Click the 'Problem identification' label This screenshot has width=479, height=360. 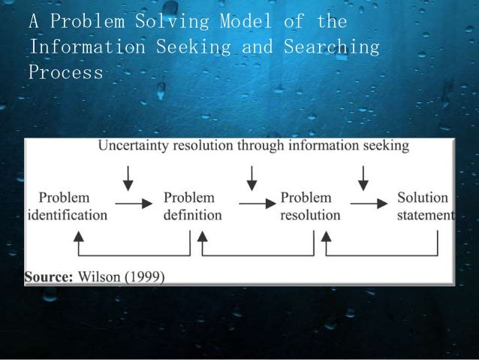coord(66,207)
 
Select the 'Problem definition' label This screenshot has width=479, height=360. coord(192,207)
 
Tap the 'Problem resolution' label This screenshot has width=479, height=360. coord(309,207)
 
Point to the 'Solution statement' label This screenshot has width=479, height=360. coord(425,207)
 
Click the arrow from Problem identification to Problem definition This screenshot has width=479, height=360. coord(132,204)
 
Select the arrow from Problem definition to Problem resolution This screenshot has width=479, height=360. coord(255,204)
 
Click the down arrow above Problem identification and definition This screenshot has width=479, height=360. coord(128,177)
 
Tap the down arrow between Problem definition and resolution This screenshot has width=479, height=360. coord(252,177)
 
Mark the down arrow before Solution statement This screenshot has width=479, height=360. coord(363,177)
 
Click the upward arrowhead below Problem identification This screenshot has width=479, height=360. coord(77,237)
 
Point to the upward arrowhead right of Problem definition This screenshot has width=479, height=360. coord(202,237)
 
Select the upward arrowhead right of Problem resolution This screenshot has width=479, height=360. coord(325,237)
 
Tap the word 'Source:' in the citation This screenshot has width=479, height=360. coord(48,277)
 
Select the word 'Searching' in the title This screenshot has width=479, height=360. coord(332,47)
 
